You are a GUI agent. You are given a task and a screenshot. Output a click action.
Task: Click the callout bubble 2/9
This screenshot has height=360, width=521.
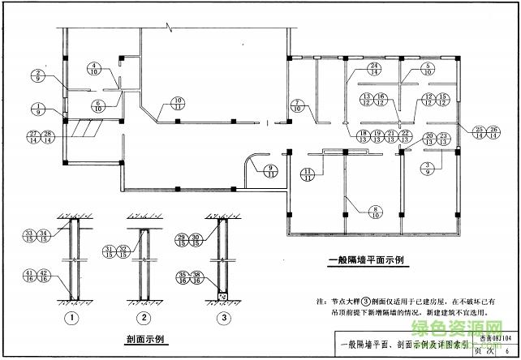[x=37, y=76]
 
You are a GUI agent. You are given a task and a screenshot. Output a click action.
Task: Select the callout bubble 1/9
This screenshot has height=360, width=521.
[x=37, y=109]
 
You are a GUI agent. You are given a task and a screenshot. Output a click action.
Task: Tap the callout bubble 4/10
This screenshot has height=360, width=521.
[x=94, y=69]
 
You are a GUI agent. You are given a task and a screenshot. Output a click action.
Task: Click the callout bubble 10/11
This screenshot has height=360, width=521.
[x=177, y=103]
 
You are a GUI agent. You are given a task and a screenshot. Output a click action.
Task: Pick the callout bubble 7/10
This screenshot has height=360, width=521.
[x=298, y=105]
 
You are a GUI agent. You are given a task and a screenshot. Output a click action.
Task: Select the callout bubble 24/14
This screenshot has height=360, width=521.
[x=374, y=69]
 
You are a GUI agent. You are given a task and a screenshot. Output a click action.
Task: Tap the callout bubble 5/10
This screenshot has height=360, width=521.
[x=427, y=69]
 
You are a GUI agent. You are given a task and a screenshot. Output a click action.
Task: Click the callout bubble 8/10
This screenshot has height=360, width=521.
[x=354, y=213]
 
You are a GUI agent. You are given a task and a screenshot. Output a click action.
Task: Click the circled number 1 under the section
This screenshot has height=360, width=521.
[x=73, y=317]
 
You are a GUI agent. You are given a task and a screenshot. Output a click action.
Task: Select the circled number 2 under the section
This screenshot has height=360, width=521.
[x=144, y=317]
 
